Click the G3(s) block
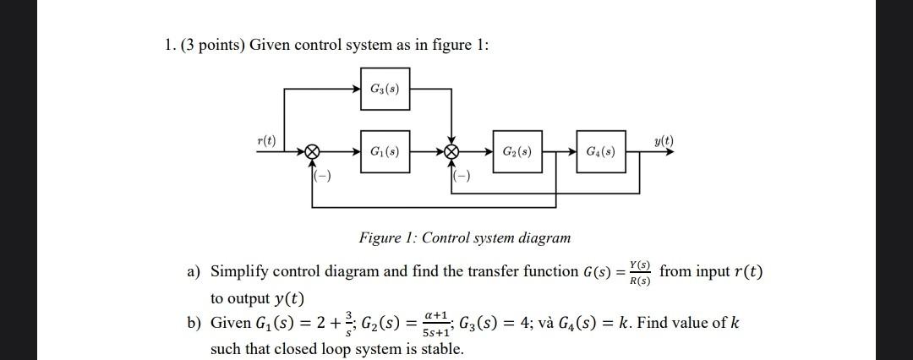point(385,90)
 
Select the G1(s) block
point(385,152)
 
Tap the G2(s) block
point(517,152)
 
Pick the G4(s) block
point(601,152)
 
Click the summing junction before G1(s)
point(312,153)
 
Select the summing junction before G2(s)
point(452,153)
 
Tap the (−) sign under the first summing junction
point(322,177)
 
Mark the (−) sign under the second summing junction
point(462,177)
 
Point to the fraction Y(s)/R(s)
point(640,272)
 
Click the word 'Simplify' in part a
point(239,271)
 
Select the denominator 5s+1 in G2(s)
point(435,330)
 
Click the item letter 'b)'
point(194,323)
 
